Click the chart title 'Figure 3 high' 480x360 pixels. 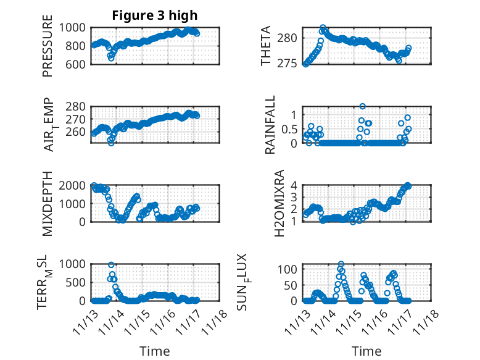point(155,15)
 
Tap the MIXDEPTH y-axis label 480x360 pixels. point(48,203)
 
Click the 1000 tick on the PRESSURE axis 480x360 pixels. point(77,27)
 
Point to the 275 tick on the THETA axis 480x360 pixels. point(290,64)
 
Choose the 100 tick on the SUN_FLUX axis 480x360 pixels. point(290,269)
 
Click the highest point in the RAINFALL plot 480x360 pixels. point(363,107)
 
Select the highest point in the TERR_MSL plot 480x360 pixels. point(112,265)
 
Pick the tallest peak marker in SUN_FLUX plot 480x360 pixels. point(341,264)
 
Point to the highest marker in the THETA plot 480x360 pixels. point(323,28)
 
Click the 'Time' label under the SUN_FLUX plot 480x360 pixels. point(366,351)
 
